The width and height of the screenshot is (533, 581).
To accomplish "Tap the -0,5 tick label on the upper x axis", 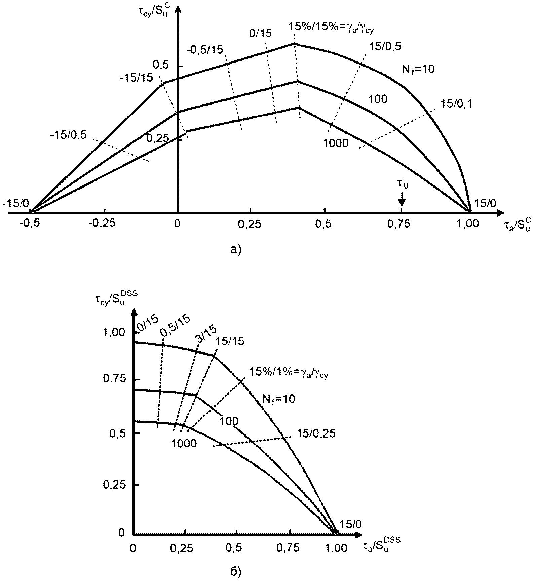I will [x=31, y=224].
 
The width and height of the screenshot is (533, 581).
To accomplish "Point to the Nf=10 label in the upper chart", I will [x=418, y=69].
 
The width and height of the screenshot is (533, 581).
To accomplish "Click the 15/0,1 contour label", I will [x=457, y=104].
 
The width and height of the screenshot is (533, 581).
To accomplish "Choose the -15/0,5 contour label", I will [x=68, y=135].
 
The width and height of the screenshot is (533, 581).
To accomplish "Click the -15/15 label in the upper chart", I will [x=136, y=78].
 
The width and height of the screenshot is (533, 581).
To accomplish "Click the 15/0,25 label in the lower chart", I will [x=316, y=433].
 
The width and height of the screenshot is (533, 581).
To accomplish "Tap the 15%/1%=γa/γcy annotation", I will [x=288, y=373].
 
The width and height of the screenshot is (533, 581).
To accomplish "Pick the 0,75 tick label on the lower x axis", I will [x=288, y=548].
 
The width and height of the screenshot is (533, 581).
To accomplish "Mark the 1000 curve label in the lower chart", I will [x=184, y=444].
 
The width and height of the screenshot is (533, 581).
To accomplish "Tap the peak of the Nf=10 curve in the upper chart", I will [x=294, y=43].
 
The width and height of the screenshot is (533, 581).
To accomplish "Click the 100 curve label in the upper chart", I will [x=378, y=99].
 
